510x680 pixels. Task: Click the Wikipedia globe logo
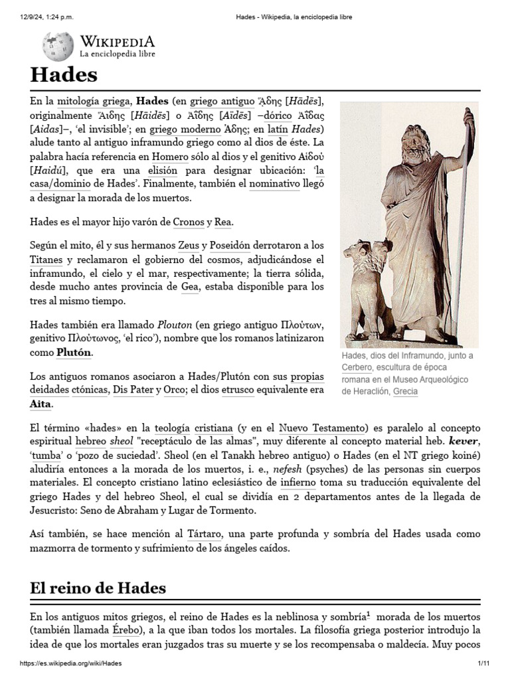coord(58,46)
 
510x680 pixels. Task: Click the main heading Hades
coord(64,74)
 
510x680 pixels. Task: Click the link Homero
coord(170,157)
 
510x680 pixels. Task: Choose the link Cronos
coord(188,222)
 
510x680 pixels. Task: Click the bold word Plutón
coord(73,352)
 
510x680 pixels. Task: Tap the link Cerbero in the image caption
coord(357,367)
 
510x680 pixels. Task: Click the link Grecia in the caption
coord(405,391)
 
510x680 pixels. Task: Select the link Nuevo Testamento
coord(322,428)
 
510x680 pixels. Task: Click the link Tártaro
coord(204,534)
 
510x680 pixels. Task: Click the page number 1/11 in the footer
coord(483,663)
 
